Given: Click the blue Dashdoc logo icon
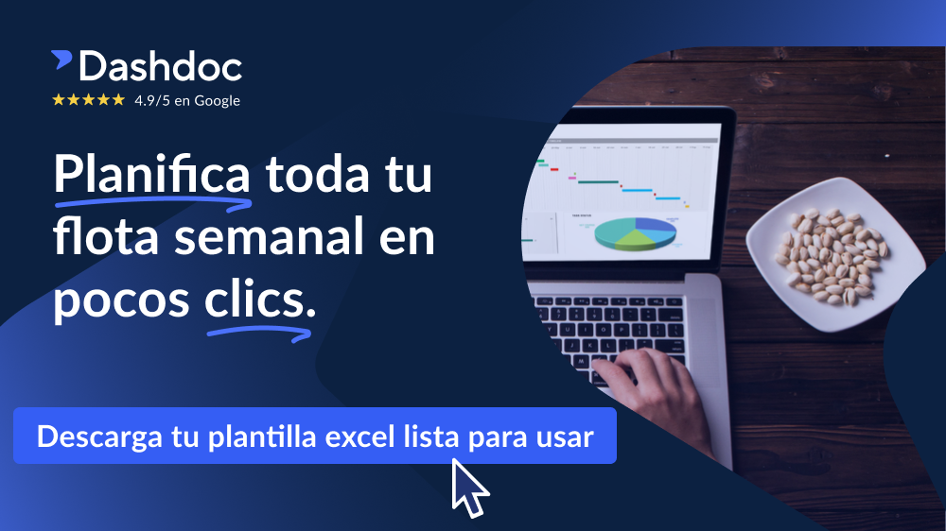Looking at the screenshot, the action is coord(61,60).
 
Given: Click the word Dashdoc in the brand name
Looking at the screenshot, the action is coord(161,66).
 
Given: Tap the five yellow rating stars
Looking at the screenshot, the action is coord(89,99).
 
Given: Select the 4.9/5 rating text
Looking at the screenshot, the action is coord(152,101).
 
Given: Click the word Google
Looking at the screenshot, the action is coord(218,101).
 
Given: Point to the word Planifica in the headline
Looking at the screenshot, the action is coord(152,174).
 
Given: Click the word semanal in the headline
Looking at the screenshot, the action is coord(270,236).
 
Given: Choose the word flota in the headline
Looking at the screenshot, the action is coord(106,235).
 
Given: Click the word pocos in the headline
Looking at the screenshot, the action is coord(121,300).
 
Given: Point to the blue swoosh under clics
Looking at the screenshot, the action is coord(259,332).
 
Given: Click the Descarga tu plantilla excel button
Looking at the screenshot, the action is coord(315,436).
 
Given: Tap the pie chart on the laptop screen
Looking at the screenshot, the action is coord(635,232).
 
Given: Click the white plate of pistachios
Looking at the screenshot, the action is coord(835,254).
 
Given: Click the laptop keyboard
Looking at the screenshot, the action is coord(609,332).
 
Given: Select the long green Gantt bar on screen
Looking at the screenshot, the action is coord(598,182).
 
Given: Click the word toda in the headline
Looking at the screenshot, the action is coord(317,174).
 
